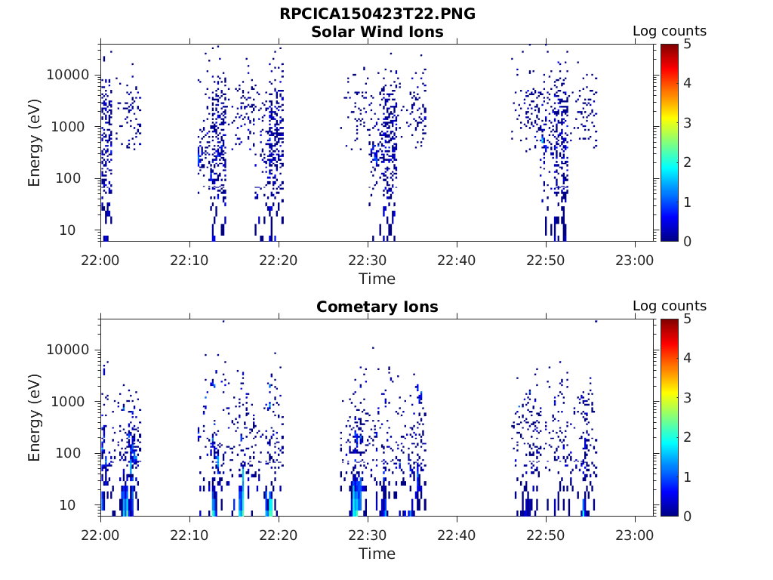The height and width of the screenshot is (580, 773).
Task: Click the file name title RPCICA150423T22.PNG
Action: [377, 14]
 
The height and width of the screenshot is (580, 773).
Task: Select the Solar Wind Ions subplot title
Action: [377, 32]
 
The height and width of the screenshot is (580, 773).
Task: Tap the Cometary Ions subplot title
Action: [377, 307]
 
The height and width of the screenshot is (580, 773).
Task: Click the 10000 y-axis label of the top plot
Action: [69, 75]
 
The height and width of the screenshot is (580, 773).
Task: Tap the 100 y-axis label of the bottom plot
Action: [79, 453]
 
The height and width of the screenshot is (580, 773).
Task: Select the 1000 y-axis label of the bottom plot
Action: [74, 402]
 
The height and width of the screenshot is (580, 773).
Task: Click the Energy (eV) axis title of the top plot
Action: [35, 143]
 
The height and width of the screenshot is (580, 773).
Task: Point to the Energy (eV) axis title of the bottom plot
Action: [35, 418]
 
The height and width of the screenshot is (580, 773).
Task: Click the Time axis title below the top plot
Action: [377, 279]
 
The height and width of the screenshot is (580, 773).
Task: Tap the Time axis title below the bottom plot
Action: [377, 554]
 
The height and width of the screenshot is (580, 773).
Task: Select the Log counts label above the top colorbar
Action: [670, 31]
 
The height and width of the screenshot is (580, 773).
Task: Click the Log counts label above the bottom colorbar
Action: [670, 306]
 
